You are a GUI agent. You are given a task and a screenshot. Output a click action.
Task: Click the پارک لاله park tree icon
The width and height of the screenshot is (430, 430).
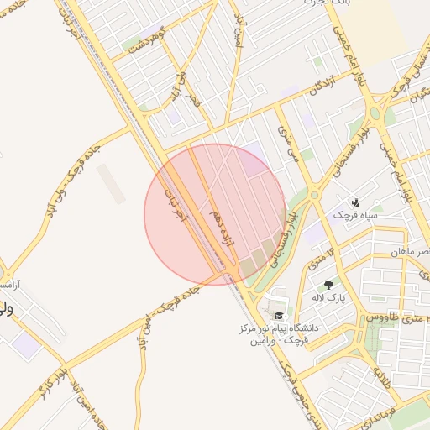pos(328,286)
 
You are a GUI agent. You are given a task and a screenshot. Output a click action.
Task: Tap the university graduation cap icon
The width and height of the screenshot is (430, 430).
pos(278,315)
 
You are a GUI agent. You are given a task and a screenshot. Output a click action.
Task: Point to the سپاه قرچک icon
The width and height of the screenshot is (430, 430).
pos(355,202)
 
